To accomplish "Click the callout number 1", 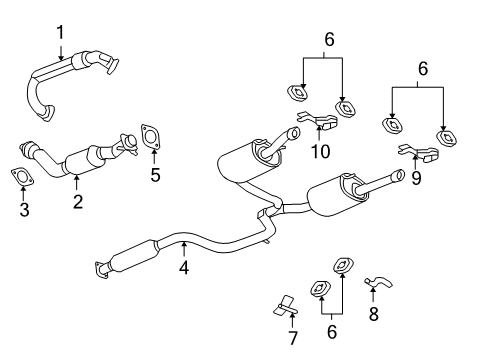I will coord(60,32).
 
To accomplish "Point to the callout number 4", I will coord(183,268).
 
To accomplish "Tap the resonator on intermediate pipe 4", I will coord(130,256).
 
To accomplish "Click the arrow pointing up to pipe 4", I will coord(183,250).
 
